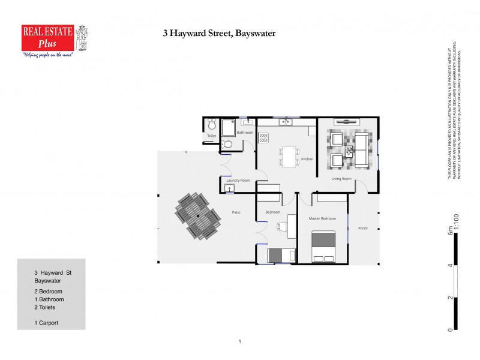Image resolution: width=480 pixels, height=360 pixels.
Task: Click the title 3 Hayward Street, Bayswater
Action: click(219, 34)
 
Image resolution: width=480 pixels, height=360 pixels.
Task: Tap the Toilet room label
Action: click(211, 136)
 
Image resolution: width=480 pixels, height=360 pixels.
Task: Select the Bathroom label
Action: click(245, 133)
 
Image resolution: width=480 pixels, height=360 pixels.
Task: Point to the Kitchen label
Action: click(307, 159)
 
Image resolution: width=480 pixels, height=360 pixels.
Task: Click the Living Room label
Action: click(341, 178)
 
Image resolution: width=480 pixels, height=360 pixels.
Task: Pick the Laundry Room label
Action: click(238, 180)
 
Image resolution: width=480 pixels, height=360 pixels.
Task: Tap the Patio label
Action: click(237, 211)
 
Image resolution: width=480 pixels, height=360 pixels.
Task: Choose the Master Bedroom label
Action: click(322, 218)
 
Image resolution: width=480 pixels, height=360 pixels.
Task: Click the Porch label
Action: click(363, 229)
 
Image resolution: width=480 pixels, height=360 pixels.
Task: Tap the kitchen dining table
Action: click(289, 156)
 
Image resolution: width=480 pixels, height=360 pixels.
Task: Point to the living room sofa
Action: click(362, 150)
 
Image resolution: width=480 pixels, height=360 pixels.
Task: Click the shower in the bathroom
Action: click(228, 128)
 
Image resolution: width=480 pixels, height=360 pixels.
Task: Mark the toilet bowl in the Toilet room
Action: click(211, 125)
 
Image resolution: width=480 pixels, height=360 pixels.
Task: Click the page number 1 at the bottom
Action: click(239, 341)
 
